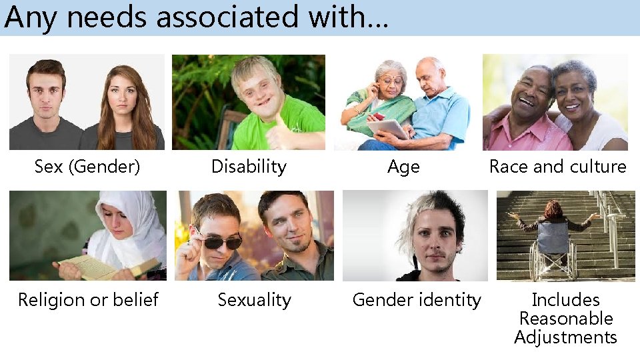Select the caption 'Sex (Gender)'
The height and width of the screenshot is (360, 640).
[87, 167]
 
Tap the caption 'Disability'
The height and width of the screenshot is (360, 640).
[249, 167]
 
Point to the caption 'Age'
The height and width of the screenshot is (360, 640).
[403, 167]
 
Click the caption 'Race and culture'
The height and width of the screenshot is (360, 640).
[557, 167]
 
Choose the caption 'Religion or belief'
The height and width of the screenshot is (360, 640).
[88, 300]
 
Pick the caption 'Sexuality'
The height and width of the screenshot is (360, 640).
[254, 300]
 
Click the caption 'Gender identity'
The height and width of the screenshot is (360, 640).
[417, 300]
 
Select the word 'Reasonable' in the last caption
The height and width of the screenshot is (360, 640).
[566, 319]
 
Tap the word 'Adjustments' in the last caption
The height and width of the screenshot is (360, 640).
[566, 337]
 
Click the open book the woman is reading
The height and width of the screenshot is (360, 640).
[100, 267]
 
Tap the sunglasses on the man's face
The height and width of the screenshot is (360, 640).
[220, 240]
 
